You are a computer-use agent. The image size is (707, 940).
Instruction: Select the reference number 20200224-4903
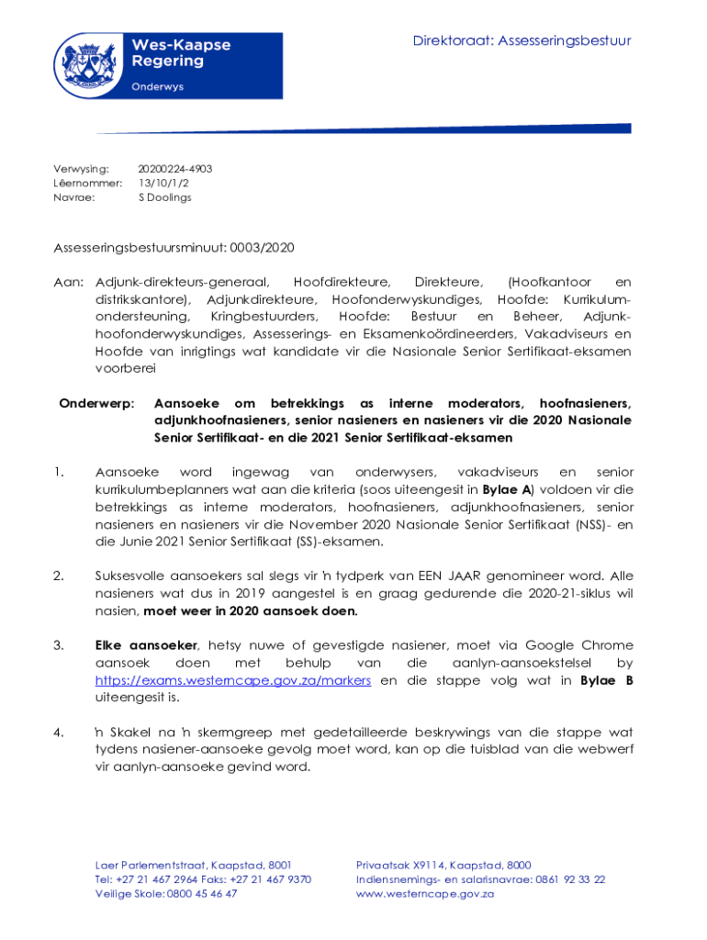tap(174, 169)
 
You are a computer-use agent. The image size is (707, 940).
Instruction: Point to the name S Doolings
tap(164, 196)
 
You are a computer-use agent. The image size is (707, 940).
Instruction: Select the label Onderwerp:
tap(96, 403)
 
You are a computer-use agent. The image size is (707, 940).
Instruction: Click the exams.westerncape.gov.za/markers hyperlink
tap(234, 680)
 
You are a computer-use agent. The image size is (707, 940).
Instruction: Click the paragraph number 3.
tap(59, 645)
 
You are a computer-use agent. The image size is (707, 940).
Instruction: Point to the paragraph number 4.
tap(59, 733)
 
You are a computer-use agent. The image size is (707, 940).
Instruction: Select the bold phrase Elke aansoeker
tap(146, 645)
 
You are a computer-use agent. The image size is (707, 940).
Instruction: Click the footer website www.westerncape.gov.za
tap(425, 893)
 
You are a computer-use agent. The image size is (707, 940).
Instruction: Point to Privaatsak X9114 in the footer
tap(394, 865)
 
